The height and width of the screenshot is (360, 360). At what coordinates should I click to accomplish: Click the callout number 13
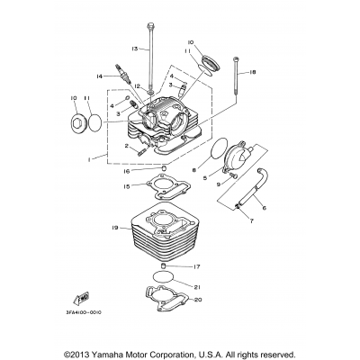tap(136, 48)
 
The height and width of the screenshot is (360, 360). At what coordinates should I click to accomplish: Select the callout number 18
tap(253, 72)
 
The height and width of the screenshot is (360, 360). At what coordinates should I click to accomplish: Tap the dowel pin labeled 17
tap(164, 268)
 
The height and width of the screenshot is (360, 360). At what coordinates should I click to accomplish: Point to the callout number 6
tap(264, 207)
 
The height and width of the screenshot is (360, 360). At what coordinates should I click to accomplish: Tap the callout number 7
tap(251, 244)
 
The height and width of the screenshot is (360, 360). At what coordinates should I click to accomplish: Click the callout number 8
tap(193, 168)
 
